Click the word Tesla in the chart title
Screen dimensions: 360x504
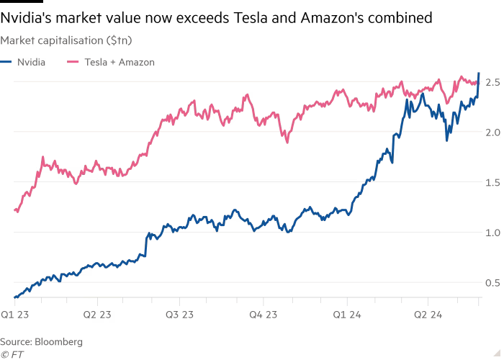(x=249, y=18)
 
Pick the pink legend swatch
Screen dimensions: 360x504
(x=73, y=63)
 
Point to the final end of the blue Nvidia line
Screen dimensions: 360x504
(x=480, y=72)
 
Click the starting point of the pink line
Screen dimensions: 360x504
(x=15, y=210)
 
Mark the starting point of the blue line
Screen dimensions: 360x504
(x=14, y=296)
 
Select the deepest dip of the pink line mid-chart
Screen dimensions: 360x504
(x=287, y=142)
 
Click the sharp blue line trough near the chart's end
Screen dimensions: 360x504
(x=447, y=139)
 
